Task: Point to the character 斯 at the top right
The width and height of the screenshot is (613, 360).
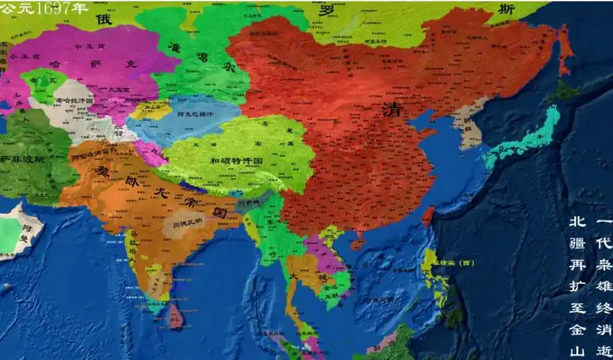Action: pos(509,9)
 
